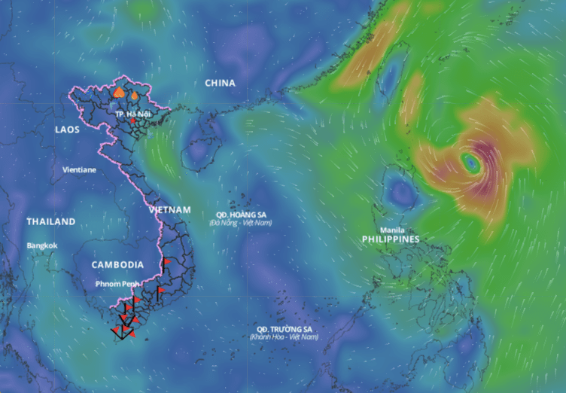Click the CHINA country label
coord(220,83)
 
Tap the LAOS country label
coord(67,129)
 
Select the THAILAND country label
coord(50,222)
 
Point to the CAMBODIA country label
coord(117,265)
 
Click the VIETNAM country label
coord(169,209)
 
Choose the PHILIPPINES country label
coord(391,239)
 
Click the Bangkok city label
coord(41,245)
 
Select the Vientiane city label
coord(79,170)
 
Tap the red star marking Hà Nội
coord(133,120)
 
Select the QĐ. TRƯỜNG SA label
coord(284,329)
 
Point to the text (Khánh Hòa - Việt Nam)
coord(284,337)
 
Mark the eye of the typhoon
coord(471,161)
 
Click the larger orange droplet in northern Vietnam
coord(119,93)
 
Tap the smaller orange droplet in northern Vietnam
coord(134,96)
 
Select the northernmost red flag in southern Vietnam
coord(167,261)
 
